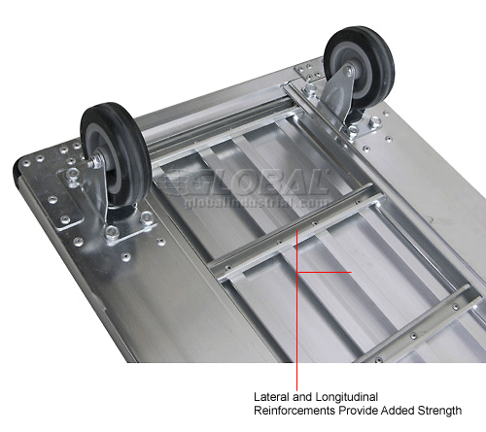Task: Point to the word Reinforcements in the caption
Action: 297,411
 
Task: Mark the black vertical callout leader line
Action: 297,330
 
